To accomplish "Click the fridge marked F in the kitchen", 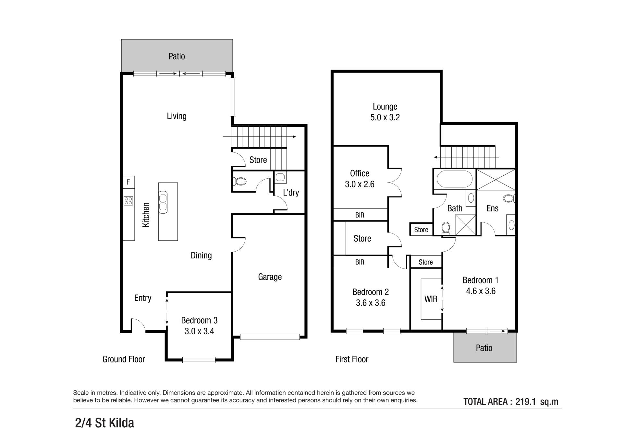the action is point(128,182).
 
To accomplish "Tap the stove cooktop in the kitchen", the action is point(128,201).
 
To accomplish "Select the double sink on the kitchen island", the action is point(163,202).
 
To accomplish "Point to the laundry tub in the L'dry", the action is point(280,177).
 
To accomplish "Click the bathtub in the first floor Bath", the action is point(455,179).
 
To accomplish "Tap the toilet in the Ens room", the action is point(509,198).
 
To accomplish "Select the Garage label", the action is point(270,277).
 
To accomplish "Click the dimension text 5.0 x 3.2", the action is point(385,117).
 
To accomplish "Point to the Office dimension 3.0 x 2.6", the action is point(360,184).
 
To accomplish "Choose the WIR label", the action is point(431,299).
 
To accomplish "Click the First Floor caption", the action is point(352,359).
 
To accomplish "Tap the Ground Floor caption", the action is point(124,359).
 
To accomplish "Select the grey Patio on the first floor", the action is point(485,347).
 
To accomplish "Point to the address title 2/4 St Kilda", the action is point(104,423).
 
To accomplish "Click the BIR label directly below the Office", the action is point(360,215).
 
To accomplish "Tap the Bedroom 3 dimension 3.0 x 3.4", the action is point(199,331).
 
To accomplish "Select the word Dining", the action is point(201,256).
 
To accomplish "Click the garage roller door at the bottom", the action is point(270,337).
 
